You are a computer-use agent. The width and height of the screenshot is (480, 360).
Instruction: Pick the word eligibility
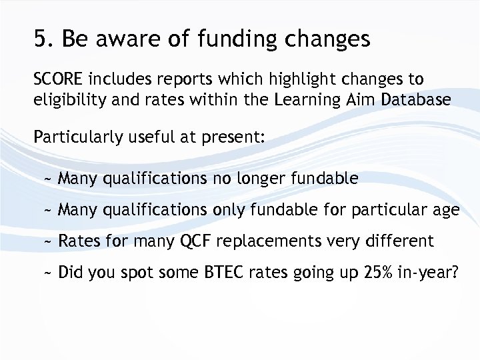coord(68,100)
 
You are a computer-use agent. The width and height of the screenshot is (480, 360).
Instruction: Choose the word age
coord(445,211)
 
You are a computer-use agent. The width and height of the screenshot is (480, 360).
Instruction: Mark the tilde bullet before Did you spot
coord(47,273)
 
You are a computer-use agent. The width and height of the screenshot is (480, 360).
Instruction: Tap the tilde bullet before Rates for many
coord(47,241)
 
